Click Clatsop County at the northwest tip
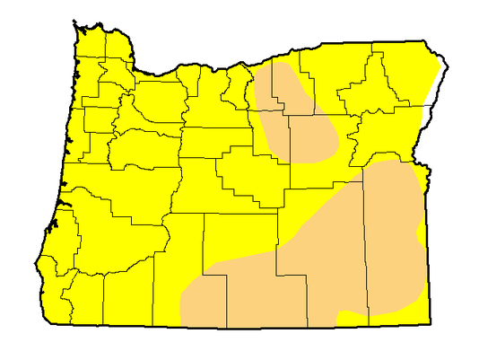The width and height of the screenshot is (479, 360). [x=90, y=42]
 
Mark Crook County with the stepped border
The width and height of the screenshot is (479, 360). [x=247, y=175]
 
